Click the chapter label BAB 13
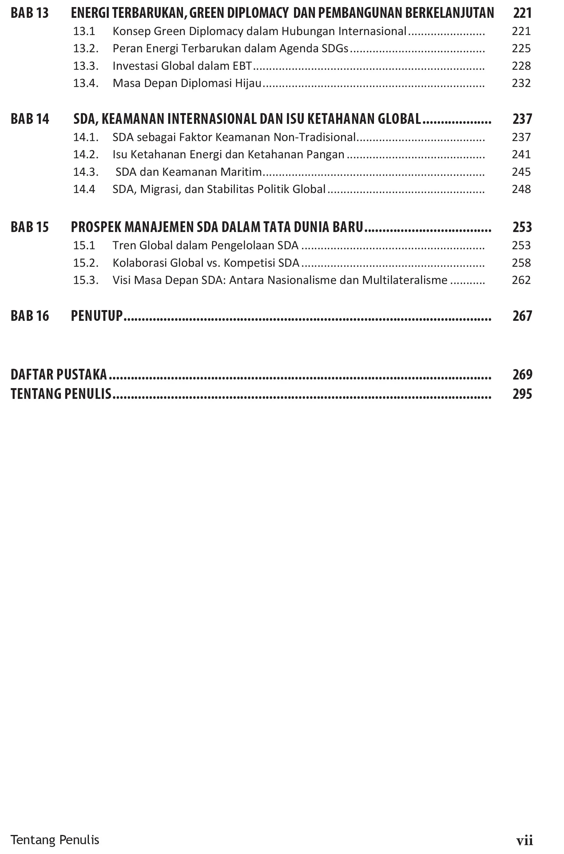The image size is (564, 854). [30, 13]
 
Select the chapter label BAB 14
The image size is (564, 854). [30, 119]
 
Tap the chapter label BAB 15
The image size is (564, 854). [30, 227]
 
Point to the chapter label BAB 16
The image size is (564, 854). [30, 316]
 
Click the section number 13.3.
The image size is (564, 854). [85, 66]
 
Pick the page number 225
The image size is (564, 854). [521, 49]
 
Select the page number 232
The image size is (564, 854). [521, 83]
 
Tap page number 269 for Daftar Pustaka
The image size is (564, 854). [522, 375]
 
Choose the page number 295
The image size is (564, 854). [522, 394]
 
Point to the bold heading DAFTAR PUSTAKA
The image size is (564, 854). [59, 375]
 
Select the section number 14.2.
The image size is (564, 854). [85, 155]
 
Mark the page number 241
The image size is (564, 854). [521, 155]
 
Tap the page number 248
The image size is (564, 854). [521, 189]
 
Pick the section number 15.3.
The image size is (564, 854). [85, 280]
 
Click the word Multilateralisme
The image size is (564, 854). [405, 280]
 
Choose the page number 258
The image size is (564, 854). [521, 263]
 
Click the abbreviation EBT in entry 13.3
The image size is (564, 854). [242, 66]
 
